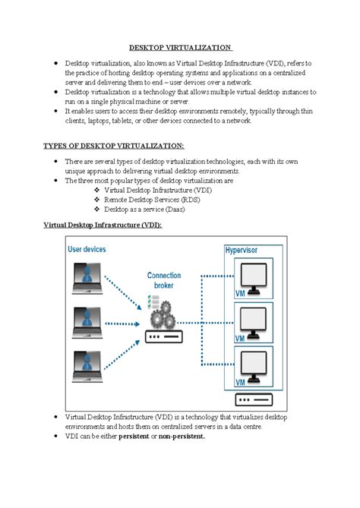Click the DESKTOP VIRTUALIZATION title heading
(x=179, y=47)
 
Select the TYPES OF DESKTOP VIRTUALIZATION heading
(x=113, y=145)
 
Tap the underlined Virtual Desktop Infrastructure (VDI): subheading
(x=102, y=226)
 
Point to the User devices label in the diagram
(x=87, y=249)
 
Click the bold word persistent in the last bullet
(x=134, y=437)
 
